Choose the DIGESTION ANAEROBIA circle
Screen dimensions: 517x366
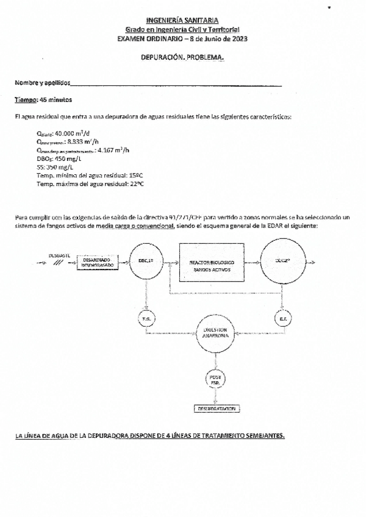(x=214, y=333)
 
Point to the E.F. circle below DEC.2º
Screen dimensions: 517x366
(x=282, y=319)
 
